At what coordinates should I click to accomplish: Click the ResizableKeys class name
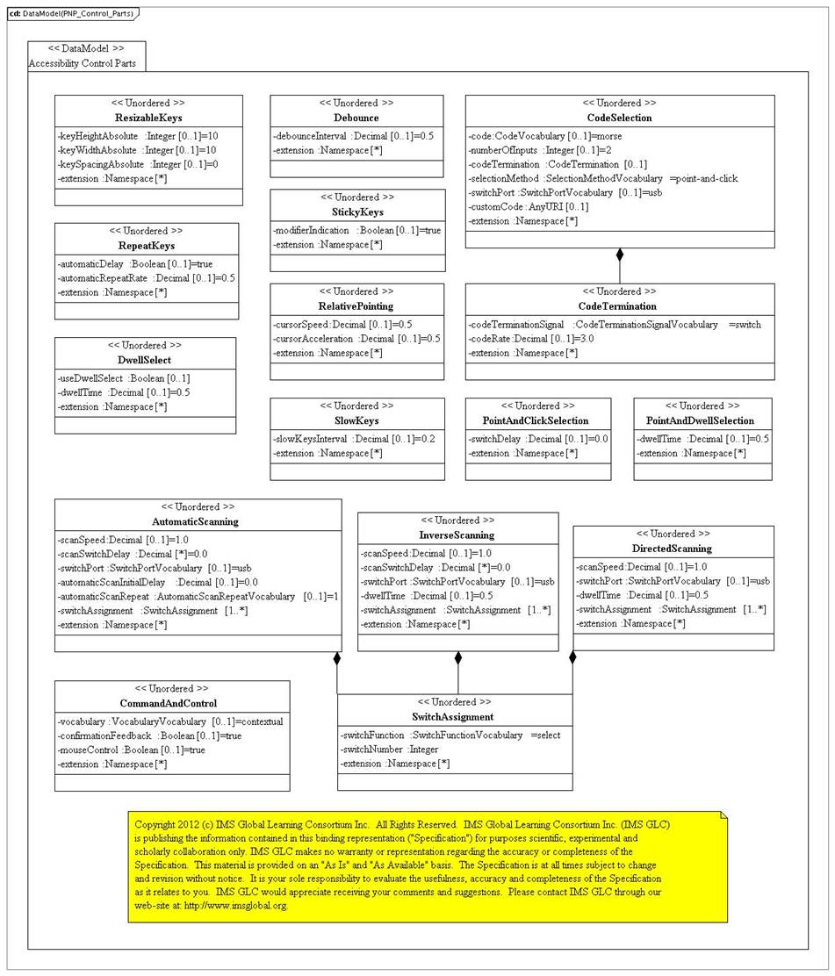(x=148, y=118)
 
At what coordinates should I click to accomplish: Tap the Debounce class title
(x=356, y=118)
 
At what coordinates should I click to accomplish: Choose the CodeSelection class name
(x=619, y=118)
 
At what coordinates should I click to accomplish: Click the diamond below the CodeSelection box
(x=620, y=255)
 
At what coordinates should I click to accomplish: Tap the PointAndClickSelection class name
(x=537, y=420)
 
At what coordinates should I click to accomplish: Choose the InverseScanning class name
(x=457, y=535)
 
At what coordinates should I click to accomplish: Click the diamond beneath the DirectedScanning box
(x=572, y=657)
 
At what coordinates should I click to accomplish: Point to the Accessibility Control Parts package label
(x=82, y=63)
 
